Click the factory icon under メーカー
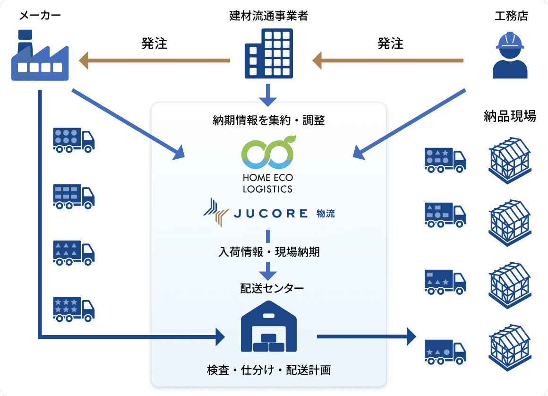tap(39, 56)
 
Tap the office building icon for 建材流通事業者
tap(268, 53)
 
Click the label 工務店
tap(511, 16)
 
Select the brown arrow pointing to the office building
tap(387, 60)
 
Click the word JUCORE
tap(271, 214)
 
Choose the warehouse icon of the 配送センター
tap(268, 327)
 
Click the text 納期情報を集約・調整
tap(268, 120)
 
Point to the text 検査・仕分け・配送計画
tap(268, 370)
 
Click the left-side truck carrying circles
tap(74, 140)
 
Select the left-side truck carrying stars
tap(74, 309)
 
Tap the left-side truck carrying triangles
tap(74, 253)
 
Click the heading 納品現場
tap(510, 116)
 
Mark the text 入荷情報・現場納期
tap(268, 252)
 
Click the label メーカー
tap(40, 16)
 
